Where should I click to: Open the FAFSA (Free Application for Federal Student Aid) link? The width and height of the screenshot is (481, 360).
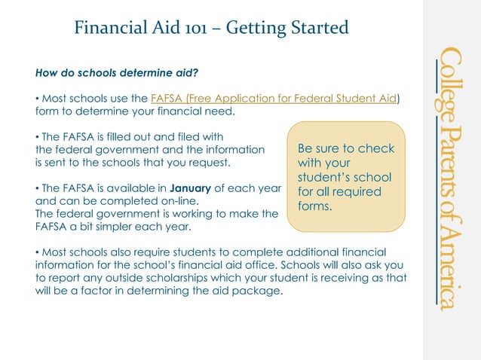[x=274, y=99]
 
